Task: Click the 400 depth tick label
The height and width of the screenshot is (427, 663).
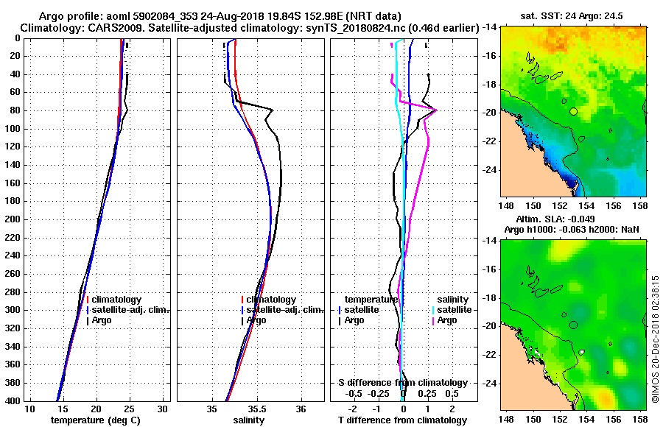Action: pyautogui.click(x=12, y=401)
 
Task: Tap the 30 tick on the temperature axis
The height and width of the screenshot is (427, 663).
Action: pyautogui.click(x=164, y=409)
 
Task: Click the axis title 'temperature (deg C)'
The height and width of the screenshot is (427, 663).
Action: pyautogui.click(x=95, y=420)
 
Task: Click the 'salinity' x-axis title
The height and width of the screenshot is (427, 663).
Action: pyautogui.click(x=250, y=420)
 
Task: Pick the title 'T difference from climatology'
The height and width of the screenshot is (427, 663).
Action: pyautogui.click(x=402, y=420)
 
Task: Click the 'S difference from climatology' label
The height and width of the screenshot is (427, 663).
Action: pyautogui.click(x=402, y=383)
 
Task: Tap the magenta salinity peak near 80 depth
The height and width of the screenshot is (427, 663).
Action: pyautogui.click(x=436, y=110)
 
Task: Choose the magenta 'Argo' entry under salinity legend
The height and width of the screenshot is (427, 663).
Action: pyautogui.click(x=446, y=320)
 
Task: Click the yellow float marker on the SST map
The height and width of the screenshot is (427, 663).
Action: pyautogui.click(x=573, y=111)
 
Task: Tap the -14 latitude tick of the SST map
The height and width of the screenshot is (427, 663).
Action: pyautogui.click(x=489, y=27)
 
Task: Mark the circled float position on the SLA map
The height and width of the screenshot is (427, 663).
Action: pyautogui.click(x=573, y=324)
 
